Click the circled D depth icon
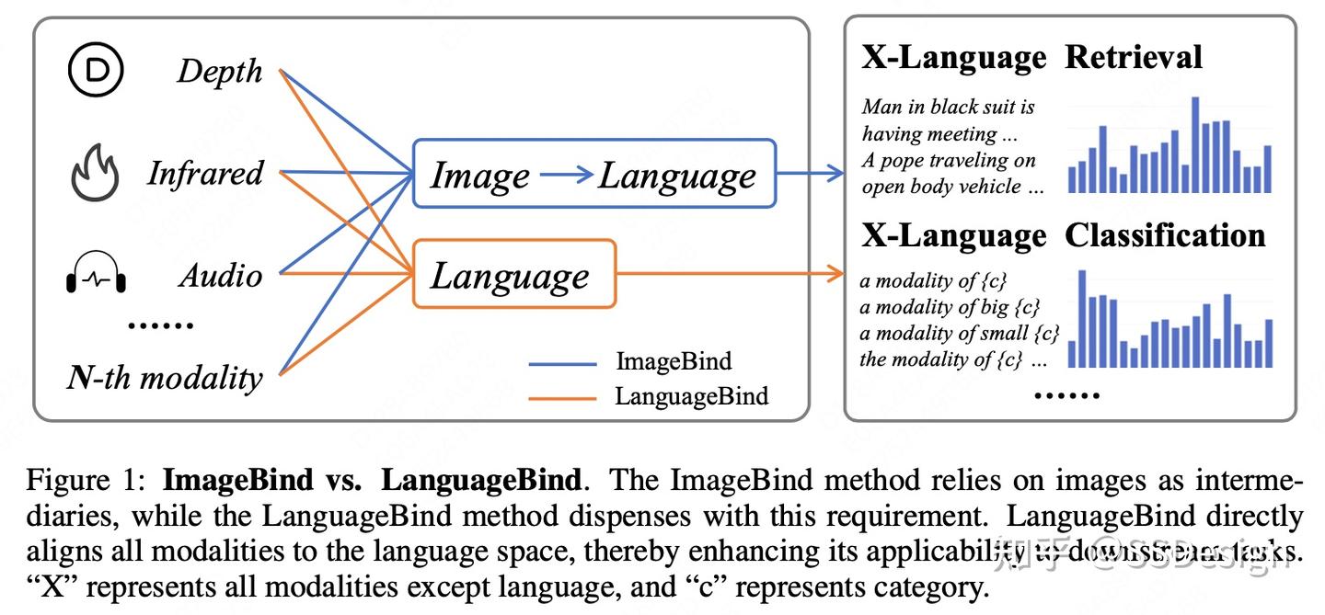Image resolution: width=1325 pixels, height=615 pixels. click(97, 72)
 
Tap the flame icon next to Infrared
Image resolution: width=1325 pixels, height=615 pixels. click(95, 174)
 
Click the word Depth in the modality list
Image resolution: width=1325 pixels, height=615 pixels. click(220, 72)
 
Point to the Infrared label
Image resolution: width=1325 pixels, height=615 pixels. click(205, 174)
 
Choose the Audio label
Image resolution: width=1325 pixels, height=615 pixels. click(220, 276)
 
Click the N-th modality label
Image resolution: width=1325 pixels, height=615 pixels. click(165, 378)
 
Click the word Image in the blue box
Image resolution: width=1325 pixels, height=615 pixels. click(480, 175)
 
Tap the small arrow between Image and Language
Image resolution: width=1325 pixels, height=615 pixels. click(566, 175)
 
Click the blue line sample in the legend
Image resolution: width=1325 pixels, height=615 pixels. click(562, 363)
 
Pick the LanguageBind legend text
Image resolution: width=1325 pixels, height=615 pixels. click(691, 396)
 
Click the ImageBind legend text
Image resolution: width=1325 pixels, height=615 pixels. click(674, 362)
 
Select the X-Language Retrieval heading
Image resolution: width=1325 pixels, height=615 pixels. click(1031, 58)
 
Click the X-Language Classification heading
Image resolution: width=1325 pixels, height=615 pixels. click(1063, 236)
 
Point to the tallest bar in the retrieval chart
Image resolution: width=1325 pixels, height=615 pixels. click(1195, 144)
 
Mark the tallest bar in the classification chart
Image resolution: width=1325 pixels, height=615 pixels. click(1082, 318)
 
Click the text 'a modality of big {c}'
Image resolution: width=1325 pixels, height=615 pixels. click(950, 307)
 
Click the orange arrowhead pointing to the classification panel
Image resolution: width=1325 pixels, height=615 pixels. click(836, 273)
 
